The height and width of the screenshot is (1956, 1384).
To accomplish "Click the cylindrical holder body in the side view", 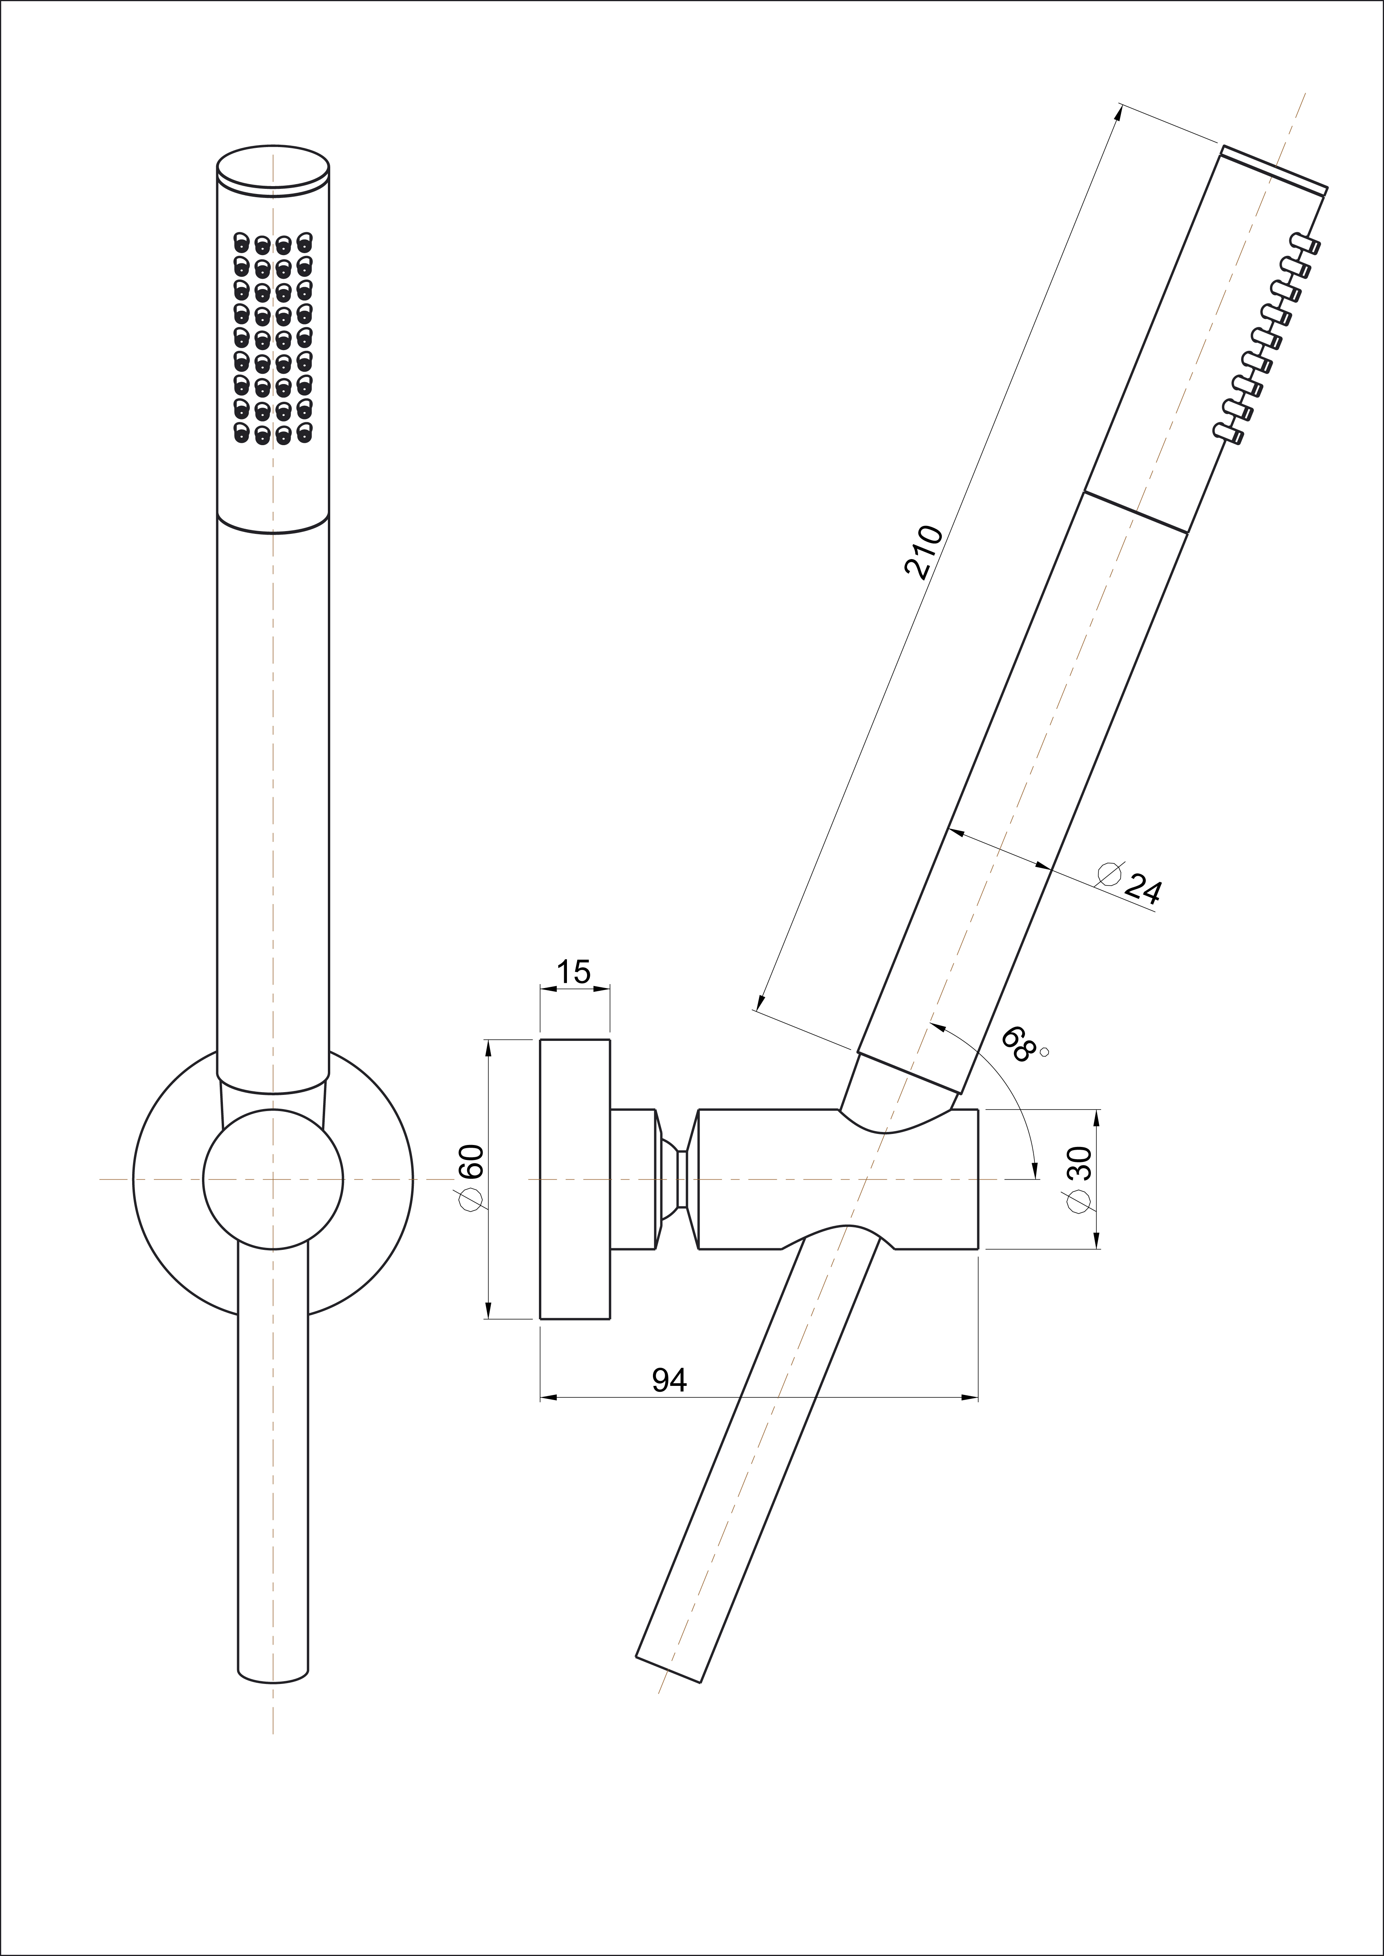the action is tap(838, 1179).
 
